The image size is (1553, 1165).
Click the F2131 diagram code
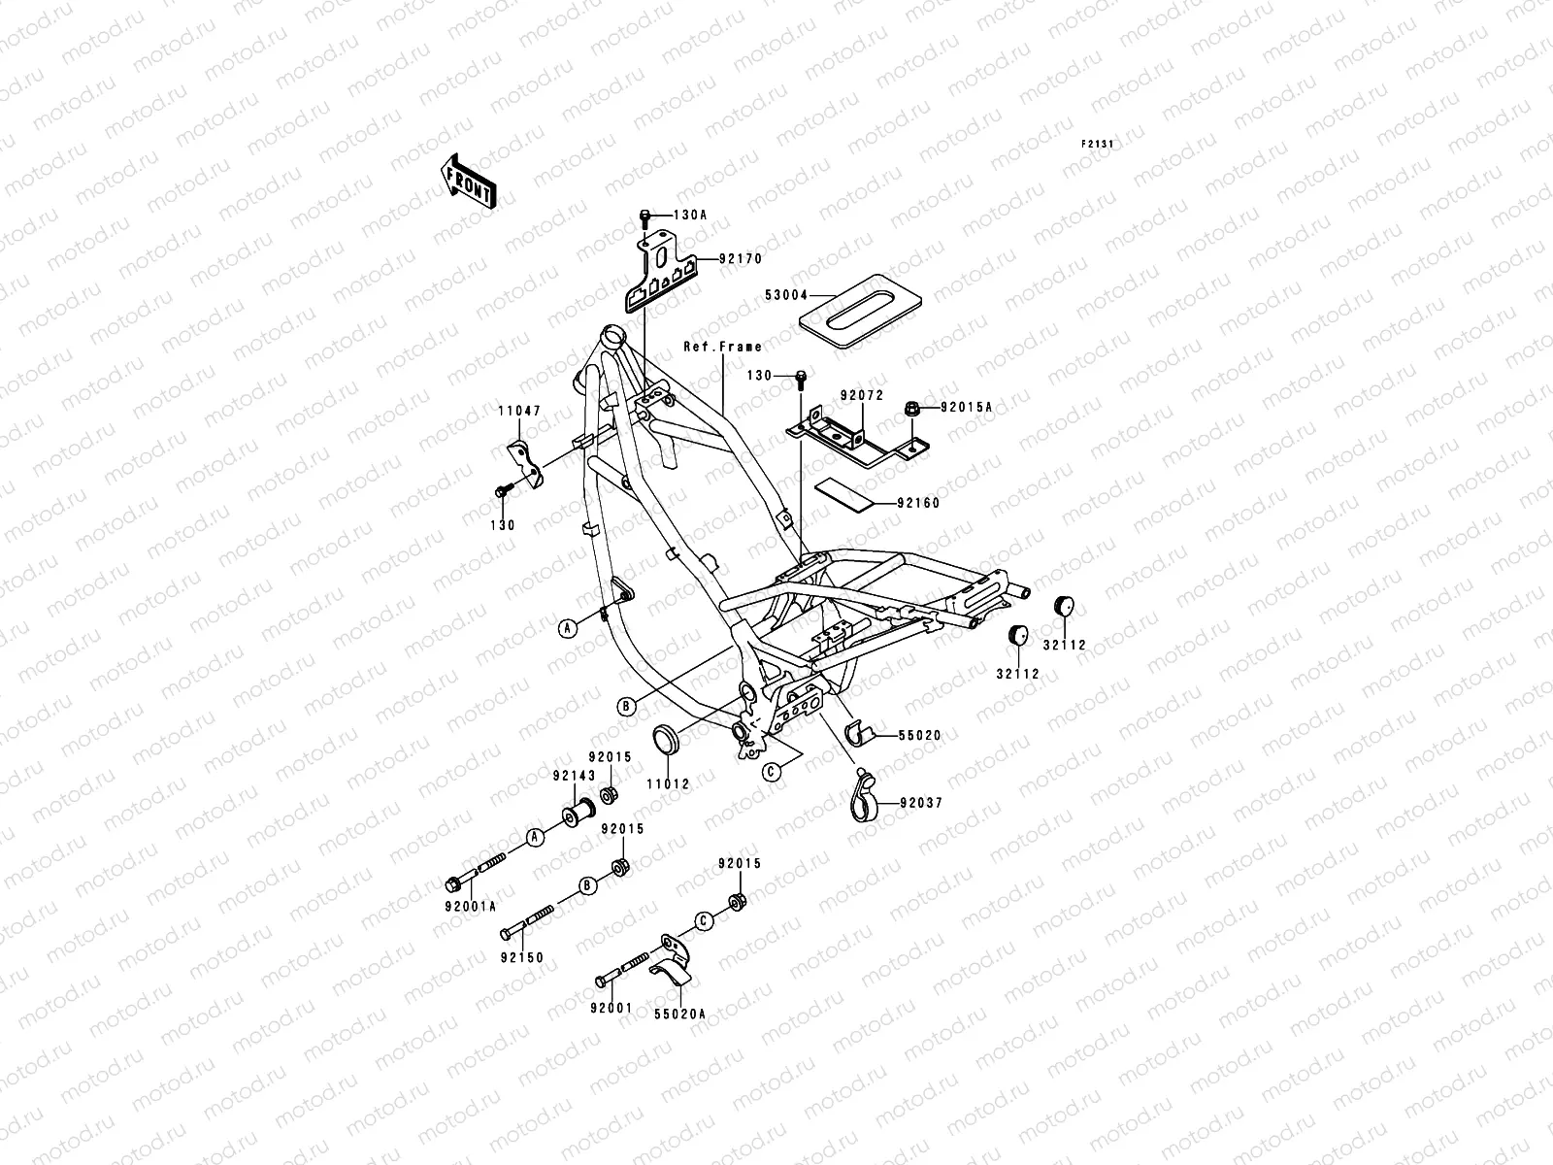[x=1099, y=144]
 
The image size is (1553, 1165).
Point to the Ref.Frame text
[x=722, y=347]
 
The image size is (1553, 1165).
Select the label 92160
[x=918, y=504]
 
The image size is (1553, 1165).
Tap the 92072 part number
[x=860, y=396]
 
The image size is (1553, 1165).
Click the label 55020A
[x=679, y=1013]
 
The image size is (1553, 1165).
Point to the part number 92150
[x=522, y=957]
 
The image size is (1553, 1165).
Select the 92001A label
[x=474, y=906]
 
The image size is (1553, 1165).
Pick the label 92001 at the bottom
[x=611, y=1008]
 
